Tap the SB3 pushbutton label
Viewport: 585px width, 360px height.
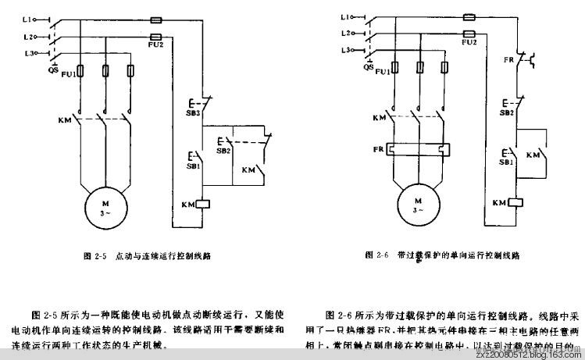pyautogui.click(x=194, y=113)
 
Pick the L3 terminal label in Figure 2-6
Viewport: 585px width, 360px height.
pyautogui.click(x=344, y=50)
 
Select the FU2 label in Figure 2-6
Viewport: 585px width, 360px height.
pyautogui.click(x=469, y=43)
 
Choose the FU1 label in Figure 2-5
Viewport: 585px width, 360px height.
pyautogui.click(x=68, y=73)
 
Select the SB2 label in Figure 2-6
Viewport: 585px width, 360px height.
pyautogui.click(x=506, y=112)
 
